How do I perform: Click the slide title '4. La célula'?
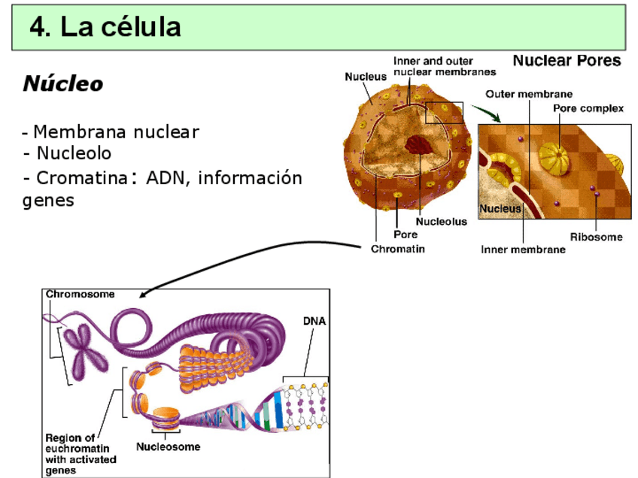[105, 28]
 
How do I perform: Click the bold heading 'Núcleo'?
[62, 83]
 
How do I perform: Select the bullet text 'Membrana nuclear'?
[116, 132]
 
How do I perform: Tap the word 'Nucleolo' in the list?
[74, 153]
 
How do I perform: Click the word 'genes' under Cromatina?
[49, 201]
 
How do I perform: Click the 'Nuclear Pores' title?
[567, 61]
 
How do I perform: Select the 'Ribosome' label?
[596, 237]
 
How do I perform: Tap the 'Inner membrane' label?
[523, 250]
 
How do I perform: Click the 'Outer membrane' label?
[529, 95]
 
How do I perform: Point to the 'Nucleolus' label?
[441, 222]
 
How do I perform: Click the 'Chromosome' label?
[81, 294]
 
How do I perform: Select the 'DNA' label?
[314, 320]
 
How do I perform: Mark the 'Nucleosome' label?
[168, 446]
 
